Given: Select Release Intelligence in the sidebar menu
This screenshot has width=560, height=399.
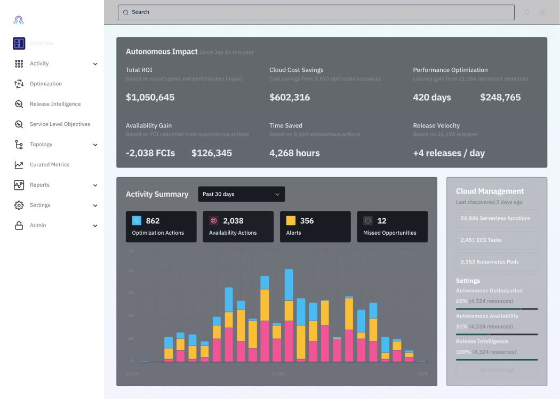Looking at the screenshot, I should point(55,104).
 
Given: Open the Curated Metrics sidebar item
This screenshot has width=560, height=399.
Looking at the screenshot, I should point(49,165).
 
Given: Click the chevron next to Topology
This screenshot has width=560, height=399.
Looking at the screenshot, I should point(95,145).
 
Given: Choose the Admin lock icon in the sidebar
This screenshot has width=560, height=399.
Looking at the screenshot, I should point(19,226).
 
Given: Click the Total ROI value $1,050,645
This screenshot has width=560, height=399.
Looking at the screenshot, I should point(150,97).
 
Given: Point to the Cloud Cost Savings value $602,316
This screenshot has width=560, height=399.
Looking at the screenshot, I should point(290,97).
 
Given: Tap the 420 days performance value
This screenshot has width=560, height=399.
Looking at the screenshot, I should point(432,97).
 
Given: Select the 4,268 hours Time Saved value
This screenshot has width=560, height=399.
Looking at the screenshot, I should point(294,153).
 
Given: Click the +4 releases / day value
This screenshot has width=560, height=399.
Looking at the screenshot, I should point(449,153).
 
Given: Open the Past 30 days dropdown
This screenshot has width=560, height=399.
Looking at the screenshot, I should point(241,194).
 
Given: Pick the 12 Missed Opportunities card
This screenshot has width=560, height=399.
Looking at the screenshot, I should point(391,226).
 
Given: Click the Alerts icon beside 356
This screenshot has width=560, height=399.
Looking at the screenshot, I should point(291,220).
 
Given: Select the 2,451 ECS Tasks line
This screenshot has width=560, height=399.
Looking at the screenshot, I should point(481,240).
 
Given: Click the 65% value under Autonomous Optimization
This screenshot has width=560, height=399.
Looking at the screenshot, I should point(462,301).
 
